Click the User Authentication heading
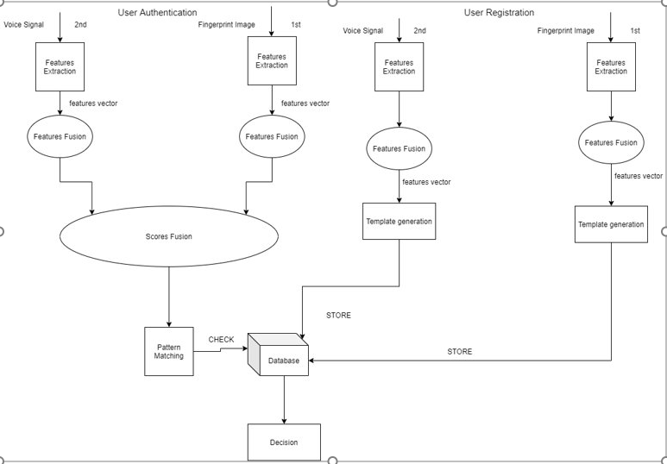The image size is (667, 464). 157,13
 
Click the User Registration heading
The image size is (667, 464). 499,13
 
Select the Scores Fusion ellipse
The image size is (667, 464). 169,236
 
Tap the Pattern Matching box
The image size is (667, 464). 169,351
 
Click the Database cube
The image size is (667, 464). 279,354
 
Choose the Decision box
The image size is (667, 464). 284,442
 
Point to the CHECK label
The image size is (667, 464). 221,340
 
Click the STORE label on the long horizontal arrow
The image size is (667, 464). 459,352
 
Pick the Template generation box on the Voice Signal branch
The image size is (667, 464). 399,221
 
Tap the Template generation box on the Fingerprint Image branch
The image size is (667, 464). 611,224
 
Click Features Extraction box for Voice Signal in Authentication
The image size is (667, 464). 60,67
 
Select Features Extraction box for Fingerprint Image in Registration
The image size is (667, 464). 611,67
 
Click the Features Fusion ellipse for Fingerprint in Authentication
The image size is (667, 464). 272,136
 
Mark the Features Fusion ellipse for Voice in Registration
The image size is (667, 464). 399,148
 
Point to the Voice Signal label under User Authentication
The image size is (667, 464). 22,25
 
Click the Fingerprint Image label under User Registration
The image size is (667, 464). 566,31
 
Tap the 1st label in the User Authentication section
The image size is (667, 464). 296,25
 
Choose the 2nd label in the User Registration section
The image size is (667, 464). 419,31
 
